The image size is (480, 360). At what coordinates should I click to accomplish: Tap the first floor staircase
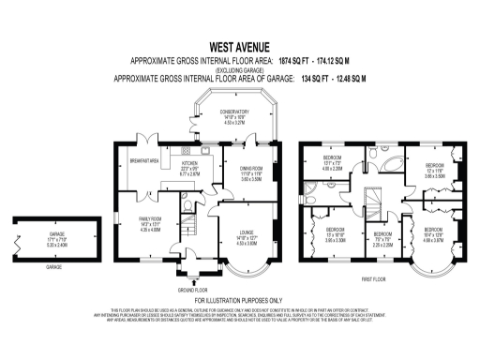point(374,202)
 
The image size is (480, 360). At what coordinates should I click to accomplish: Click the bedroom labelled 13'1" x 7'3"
point(332,160)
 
